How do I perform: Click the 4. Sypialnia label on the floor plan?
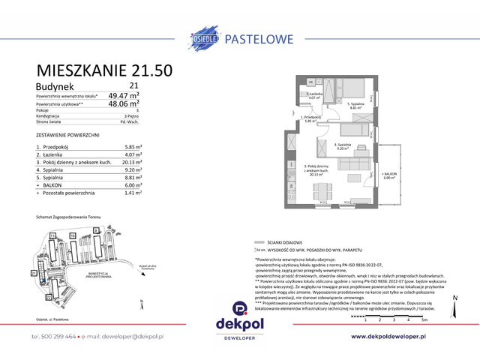(x=343, y=146)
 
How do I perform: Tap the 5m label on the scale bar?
(x=425, y=319)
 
